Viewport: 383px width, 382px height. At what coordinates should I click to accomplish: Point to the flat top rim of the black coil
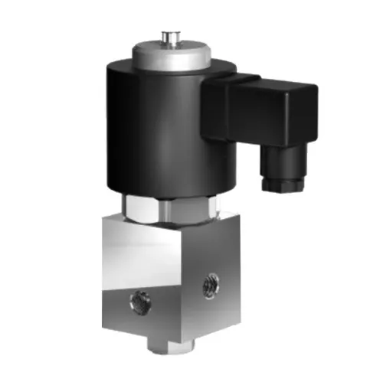coord(123,69)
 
